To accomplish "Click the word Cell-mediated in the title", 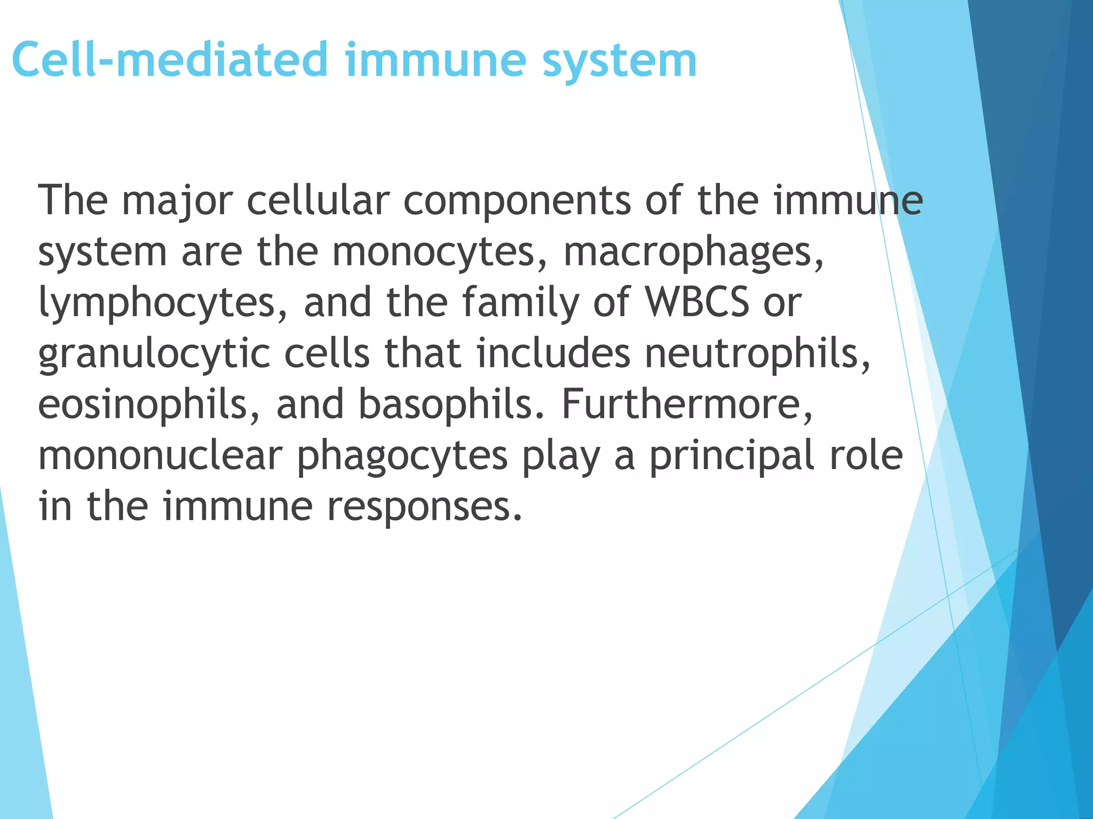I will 170,60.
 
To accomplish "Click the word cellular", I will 318,200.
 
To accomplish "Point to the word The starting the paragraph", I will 73,200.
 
